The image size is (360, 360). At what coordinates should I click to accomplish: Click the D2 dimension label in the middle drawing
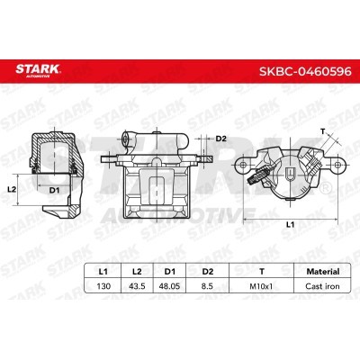point(221,139)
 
